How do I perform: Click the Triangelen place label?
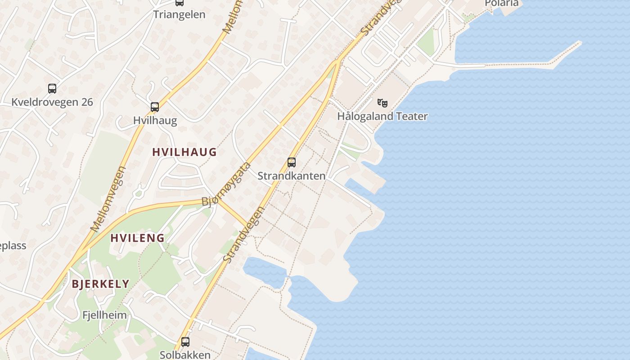coord(179,14)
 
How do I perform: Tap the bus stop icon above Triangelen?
coord(180,2)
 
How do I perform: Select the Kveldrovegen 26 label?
coord(52,102)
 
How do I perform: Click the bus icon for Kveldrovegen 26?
coord(52,89)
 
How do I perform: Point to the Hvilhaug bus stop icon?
coord(155,107)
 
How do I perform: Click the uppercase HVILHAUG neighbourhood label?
coord(184,152)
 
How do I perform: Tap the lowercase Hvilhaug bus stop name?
coord(155,121)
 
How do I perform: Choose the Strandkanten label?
coord(292,176)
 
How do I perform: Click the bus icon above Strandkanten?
coord(292,162)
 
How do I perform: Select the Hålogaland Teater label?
coord(382,116)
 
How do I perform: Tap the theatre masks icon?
coord(382,103)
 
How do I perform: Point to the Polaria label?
coord(501,4)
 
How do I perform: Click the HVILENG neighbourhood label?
coord(137,238)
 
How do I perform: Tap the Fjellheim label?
coord(105,315)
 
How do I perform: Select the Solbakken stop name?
coord(185,355)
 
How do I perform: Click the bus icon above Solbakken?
coord(185,342)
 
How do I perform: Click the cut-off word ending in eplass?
coord(13,246)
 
